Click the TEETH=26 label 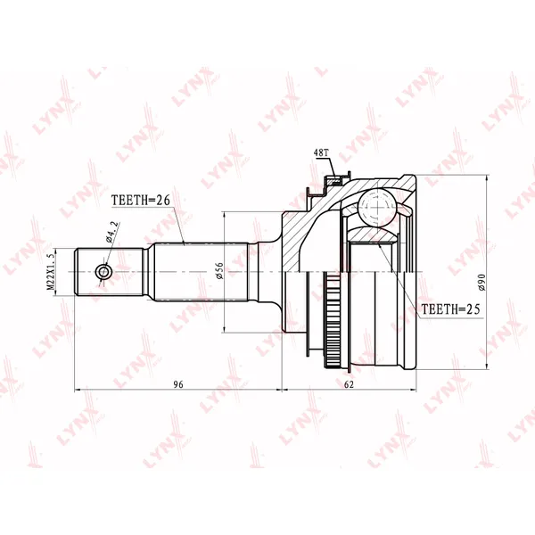point(141,201)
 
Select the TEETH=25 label point(450,309)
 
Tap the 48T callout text point(321,152)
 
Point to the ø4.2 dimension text point(112,232)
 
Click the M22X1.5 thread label point(51,272)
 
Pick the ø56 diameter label point(219,271)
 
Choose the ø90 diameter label point(481,282)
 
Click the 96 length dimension point(178,384)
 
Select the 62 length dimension point(349,384)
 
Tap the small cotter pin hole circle point(103,272)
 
